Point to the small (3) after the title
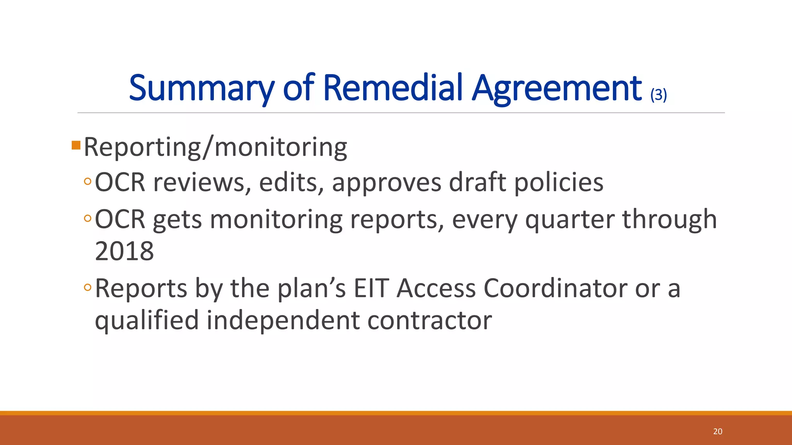click(x=659, y=95)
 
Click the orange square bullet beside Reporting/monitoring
click(x=76, y=145)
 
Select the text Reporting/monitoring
click(x=215, y=147)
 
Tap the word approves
click(x=386, y=183)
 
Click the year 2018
click(x=124, y=251)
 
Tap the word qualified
click(x=147, y=321)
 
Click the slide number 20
click(x=717, y=431)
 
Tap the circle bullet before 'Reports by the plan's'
click(x=88, y=287)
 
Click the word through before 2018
click(x=669, y=219)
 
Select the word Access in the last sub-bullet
click(x=436, y=288)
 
